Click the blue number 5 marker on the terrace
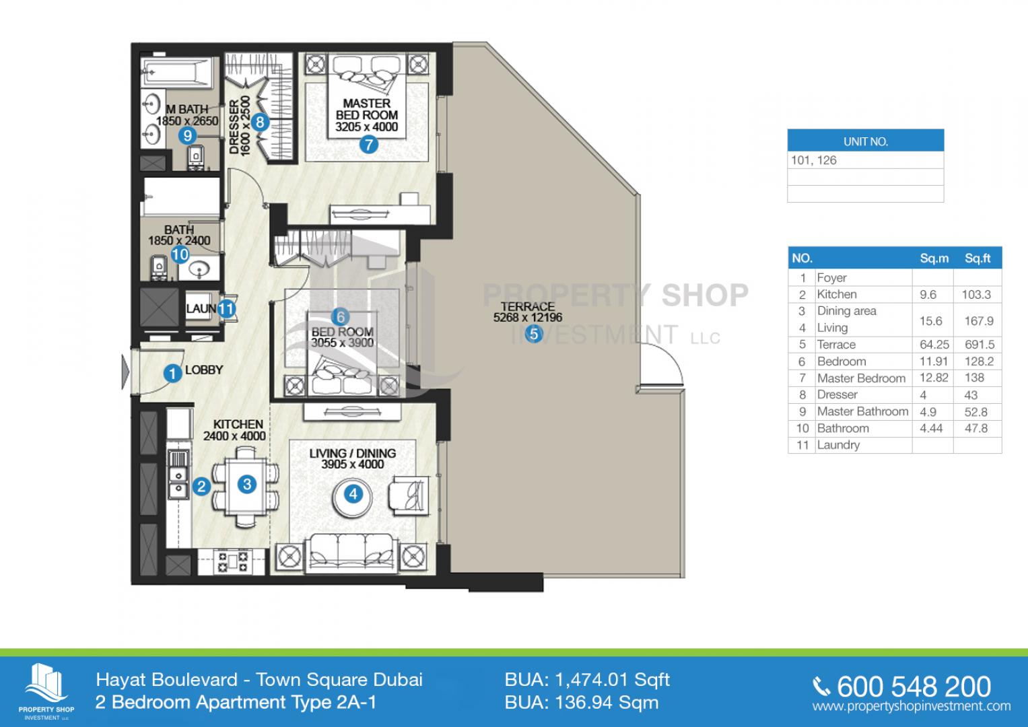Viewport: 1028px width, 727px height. pos(533,334)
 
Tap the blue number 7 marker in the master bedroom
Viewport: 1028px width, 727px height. pos(368,145)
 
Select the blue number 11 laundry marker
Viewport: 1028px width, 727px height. pos(226,309)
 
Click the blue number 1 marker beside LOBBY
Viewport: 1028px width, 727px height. pos(172,374)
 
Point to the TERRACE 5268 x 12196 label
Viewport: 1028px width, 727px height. pos(527,312)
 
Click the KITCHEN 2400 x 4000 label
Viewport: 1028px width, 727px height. pos(235,430)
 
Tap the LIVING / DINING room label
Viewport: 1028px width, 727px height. pos(353,458)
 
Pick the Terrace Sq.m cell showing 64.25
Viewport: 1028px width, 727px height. pos(934,344)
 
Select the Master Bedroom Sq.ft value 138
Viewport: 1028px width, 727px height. pos(974,378)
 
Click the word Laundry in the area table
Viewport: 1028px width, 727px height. pos(838,445)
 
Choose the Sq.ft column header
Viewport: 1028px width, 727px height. pos(977,258)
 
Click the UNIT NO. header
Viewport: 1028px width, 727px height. pos(866,142)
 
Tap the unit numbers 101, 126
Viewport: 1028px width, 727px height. pos(814,160)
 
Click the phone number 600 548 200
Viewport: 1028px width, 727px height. pos(914,687)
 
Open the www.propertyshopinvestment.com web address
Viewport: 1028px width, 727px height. pos(912,706)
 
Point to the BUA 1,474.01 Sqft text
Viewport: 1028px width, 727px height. pos(587,680)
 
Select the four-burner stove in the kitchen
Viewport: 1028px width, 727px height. pos(233,561)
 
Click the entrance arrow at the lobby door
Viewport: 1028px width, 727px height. pos(125,371)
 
